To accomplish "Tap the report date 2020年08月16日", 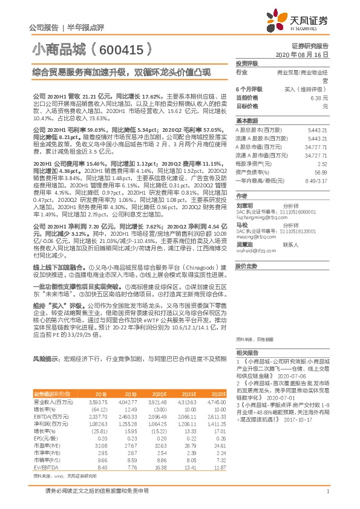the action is (307, 54).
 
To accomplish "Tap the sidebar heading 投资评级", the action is (247, 63).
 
